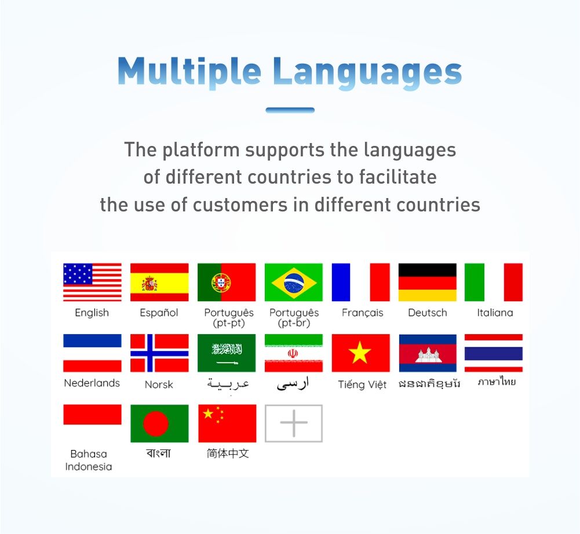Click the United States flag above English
pyautogui.click(x=92, y=282)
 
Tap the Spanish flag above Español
pyautogui.click(x=159, y=282)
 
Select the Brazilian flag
pyautogui.click(x=294, y=282)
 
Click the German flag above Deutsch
pyautogui.click(x=428, y=282)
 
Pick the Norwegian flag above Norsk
pyautogui.click(x=159, y=353)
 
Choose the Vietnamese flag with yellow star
pyautogui.click(x=360, y=353)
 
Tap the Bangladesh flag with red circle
pyautogui.click(x=159, y=423)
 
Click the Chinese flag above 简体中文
pyautogui.click(x=227, y=423)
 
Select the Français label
pyautogui.click(x=363, y=313)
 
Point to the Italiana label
pyautogui.click(x=495, y=313)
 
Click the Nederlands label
pyautogui.click(x=92, y=383)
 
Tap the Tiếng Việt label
pyautogui.click(x=362, y=384)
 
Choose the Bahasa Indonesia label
pyautogui.click(x=89, y=460)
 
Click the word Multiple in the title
pyautogui.click(x=189, y=72)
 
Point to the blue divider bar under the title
pyautogui.click(x=290, y=110)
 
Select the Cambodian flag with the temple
pyautogui.click(x=428, y=353)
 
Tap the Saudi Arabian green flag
pyautogui.click(x=227, y=353)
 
